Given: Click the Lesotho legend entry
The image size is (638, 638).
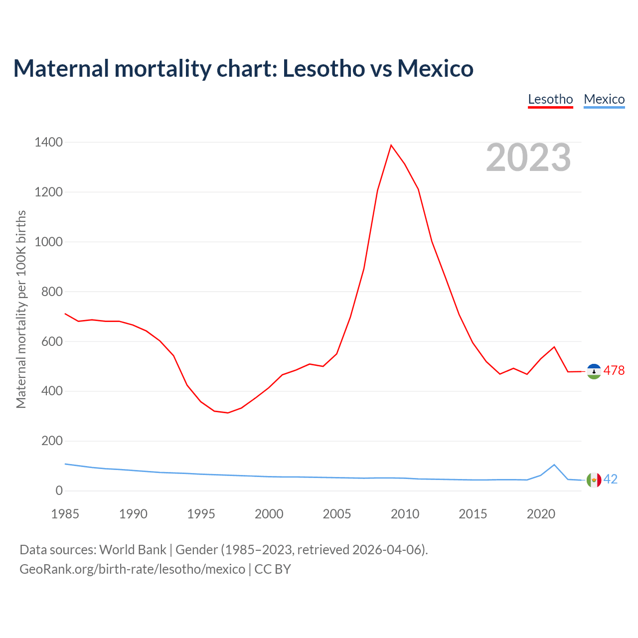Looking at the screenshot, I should [550, 99].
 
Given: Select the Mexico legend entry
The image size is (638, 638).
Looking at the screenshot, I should [604, 99].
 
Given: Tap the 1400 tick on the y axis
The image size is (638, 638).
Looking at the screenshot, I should [48, 143].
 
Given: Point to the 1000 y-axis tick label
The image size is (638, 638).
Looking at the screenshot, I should [48, 242].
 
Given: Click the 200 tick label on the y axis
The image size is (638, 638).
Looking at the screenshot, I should [52, 441].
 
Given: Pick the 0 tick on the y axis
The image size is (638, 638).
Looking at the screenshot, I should [59, 491].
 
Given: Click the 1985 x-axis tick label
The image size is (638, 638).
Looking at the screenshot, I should [65, 514].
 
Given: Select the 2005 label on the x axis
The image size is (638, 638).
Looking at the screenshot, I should [337, 514].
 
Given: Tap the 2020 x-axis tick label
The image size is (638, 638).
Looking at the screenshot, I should [541, 514].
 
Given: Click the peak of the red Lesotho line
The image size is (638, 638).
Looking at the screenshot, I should [391, 145].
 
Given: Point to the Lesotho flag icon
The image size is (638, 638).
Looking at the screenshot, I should [594, 371].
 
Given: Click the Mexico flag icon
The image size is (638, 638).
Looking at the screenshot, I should [594, 480].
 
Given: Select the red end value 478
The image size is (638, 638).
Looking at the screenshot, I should [614, 371].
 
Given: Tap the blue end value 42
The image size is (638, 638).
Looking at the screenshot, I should [611, 479].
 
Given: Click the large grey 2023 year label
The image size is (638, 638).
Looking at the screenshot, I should [528, 158].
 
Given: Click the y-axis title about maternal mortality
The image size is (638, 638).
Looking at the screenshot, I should [21, 309].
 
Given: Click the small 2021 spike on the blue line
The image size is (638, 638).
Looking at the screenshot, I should [554, 465].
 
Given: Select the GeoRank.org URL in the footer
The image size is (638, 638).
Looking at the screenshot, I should [132, 569].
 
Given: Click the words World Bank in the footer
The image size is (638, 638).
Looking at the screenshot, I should [133, 550].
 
